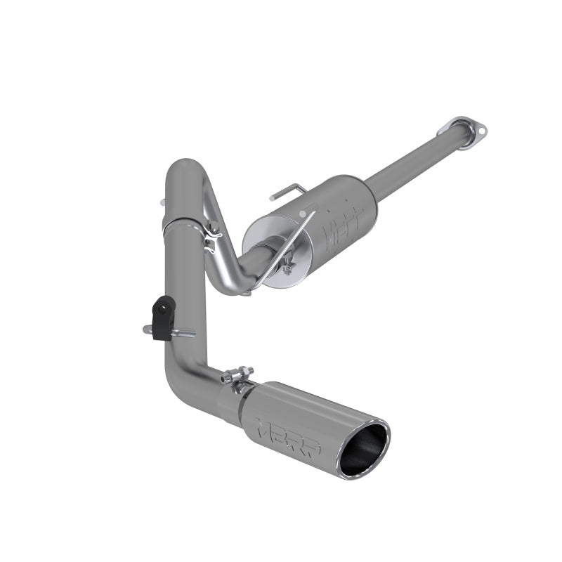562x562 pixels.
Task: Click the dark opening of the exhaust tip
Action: (x=362, y=449)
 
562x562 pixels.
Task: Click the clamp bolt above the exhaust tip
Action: (x=242, y=374)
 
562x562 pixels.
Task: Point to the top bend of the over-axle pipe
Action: (x=184, y=169)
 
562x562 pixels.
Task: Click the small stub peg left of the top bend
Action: (x=164, y=202)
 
